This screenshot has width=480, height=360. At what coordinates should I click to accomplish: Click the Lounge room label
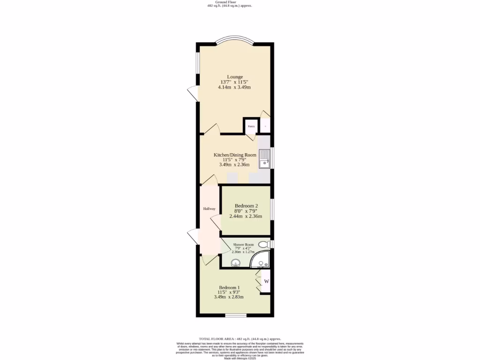pos(235,76)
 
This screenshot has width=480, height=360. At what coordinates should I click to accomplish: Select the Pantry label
pos(251,126)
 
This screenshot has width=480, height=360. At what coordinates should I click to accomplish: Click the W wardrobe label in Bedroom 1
pos(266,281)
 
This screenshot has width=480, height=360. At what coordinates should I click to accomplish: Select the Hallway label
pos(209,209)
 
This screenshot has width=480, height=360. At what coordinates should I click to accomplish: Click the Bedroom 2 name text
pos(246,206)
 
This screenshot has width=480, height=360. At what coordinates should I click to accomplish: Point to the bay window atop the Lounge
pos(234,40)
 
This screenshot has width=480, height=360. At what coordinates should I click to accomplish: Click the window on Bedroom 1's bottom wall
pos(236,315)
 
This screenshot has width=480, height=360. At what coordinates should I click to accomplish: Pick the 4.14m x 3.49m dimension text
pos(234,88)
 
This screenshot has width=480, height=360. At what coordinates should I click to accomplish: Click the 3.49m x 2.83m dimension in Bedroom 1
pos(229,297)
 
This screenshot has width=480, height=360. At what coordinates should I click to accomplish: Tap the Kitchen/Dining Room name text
pos(235,155)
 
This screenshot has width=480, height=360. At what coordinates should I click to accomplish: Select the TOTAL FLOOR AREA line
pos(240,338)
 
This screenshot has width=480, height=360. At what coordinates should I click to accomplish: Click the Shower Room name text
pos(243,244)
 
